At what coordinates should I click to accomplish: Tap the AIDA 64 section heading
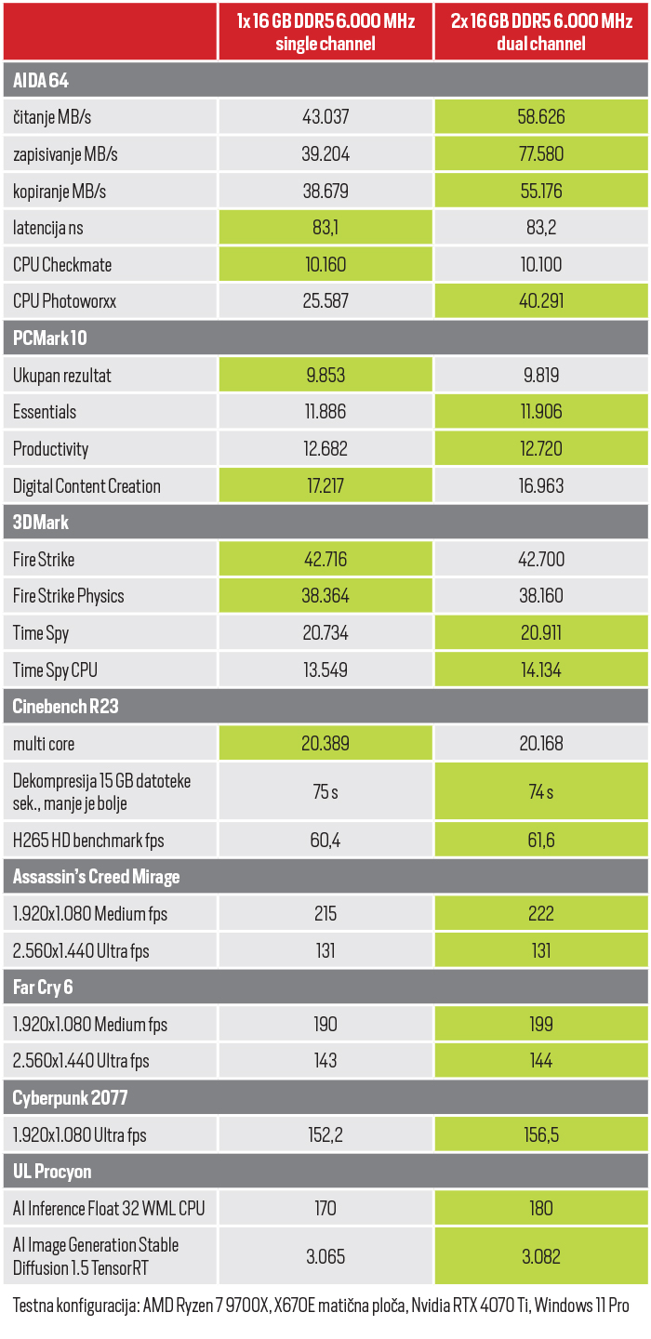[x=41, y=80]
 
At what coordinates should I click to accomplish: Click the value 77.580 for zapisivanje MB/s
[x=541, y=153]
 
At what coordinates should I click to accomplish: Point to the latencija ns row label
[x=48, y=228]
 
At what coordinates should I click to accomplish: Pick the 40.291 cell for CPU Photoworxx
[x=541, y=301]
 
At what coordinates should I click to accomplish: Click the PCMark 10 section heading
[x=50, y=338]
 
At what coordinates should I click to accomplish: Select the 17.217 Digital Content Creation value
[x=325, y=485]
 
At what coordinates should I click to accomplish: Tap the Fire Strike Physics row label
[x=69, y=596]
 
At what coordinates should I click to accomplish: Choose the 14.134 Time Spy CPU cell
[x=541, y=669]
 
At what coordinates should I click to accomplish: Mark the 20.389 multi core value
[x=325, y=744]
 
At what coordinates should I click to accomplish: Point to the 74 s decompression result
[x=541, y=792]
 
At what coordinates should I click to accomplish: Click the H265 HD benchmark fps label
[x=88, y=841]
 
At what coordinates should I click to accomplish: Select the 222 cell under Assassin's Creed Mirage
[x=541, y=913]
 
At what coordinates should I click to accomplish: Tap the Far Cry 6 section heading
[x=43, y=987]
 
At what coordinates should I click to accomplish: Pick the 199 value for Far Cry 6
[x=541, y=1024]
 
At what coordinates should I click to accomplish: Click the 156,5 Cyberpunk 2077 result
[x=541, y=1134]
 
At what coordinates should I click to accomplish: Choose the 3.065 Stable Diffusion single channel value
[x=325, y=1256]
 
